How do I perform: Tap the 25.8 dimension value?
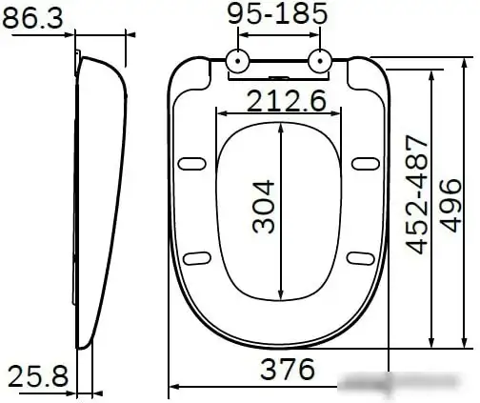(x=38, y=376)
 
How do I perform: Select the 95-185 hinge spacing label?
(x=277, y=13)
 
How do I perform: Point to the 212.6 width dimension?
(x=286, y=101)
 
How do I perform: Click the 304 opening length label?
(x=263, y=207)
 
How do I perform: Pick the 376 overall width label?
(x=288, y=369)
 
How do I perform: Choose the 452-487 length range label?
(x=416, y=194)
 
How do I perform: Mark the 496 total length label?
(x=450, y=205)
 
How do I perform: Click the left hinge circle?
(x=238, y=61)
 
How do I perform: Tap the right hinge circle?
(x=320, y=61)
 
